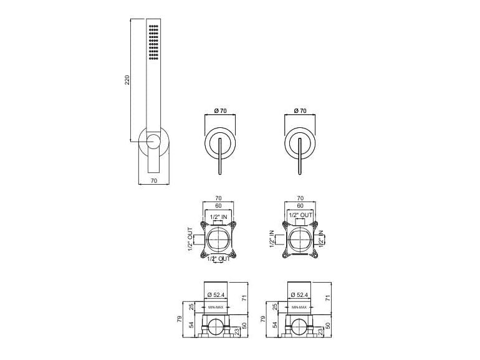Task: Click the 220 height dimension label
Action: pos(128,80)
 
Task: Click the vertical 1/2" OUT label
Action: pos(190,239)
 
